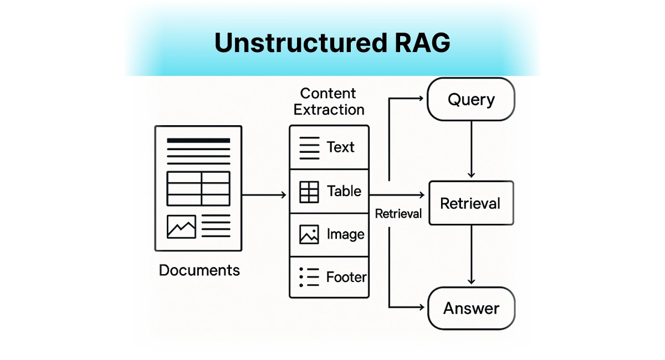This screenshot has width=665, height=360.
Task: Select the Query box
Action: [471, 100]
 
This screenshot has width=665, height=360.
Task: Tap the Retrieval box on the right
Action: [471, 203]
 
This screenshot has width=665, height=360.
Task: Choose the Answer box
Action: [471, 308]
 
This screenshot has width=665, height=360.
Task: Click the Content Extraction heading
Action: [329, 101]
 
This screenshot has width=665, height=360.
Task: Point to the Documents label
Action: [199, 270]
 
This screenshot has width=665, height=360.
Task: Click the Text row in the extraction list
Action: [329, 147]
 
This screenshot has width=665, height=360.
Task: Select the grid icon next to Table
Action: [309, 192]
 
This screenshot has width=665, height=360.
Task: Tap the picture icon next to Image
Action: [309, 234]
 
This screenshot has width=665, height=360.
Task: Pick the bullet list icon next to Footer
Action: [309, 277]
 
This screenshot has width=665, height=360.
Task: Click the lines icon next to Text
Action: [309, 148]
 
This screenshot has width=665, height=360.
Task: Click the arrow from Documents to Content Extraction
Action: [264, 195]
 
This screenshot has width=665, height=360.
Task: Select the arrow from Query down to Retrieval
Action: [471, 150]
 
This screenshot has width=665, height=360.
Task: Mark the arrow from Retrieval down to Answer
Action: [471, 255]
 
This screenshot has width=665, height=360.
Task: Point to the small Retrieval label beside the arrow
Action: [398, 214]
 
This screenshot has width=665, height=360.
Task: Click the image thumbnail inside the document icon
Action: [181, 227]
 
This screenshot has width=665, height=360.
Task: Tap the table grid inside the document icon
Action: [198, 188]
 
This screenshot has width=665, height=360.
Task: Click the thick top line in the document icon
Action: [198, 141]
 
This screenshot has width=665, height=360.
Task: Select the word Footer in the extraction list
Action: [346, 277]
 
